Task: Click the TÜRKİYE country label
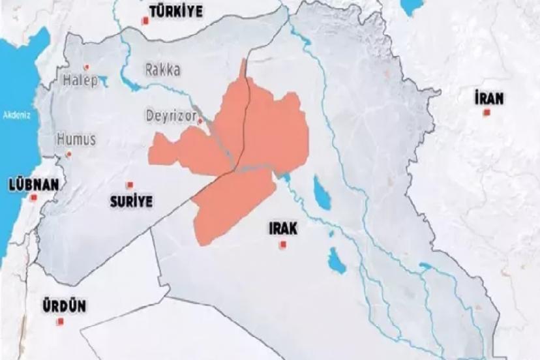176,11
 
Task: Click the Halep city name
80,80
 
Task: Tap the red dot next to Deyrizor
200,121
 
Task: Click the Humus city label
76,139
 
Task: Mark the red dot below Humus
69,154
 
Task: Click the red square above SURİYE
130,185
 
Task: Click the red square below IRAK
282,245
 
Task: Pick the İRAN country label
489,98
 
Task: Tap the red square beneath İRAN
487,113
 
